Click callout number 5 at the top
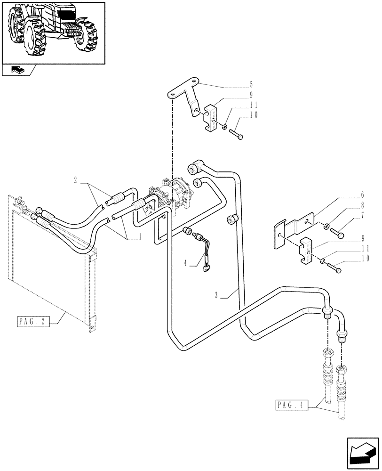click(x=251, y=85)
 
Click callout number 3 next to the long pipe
click(x=216, y=295)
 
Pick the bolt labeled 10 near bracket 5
click(x=236, y=134)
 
